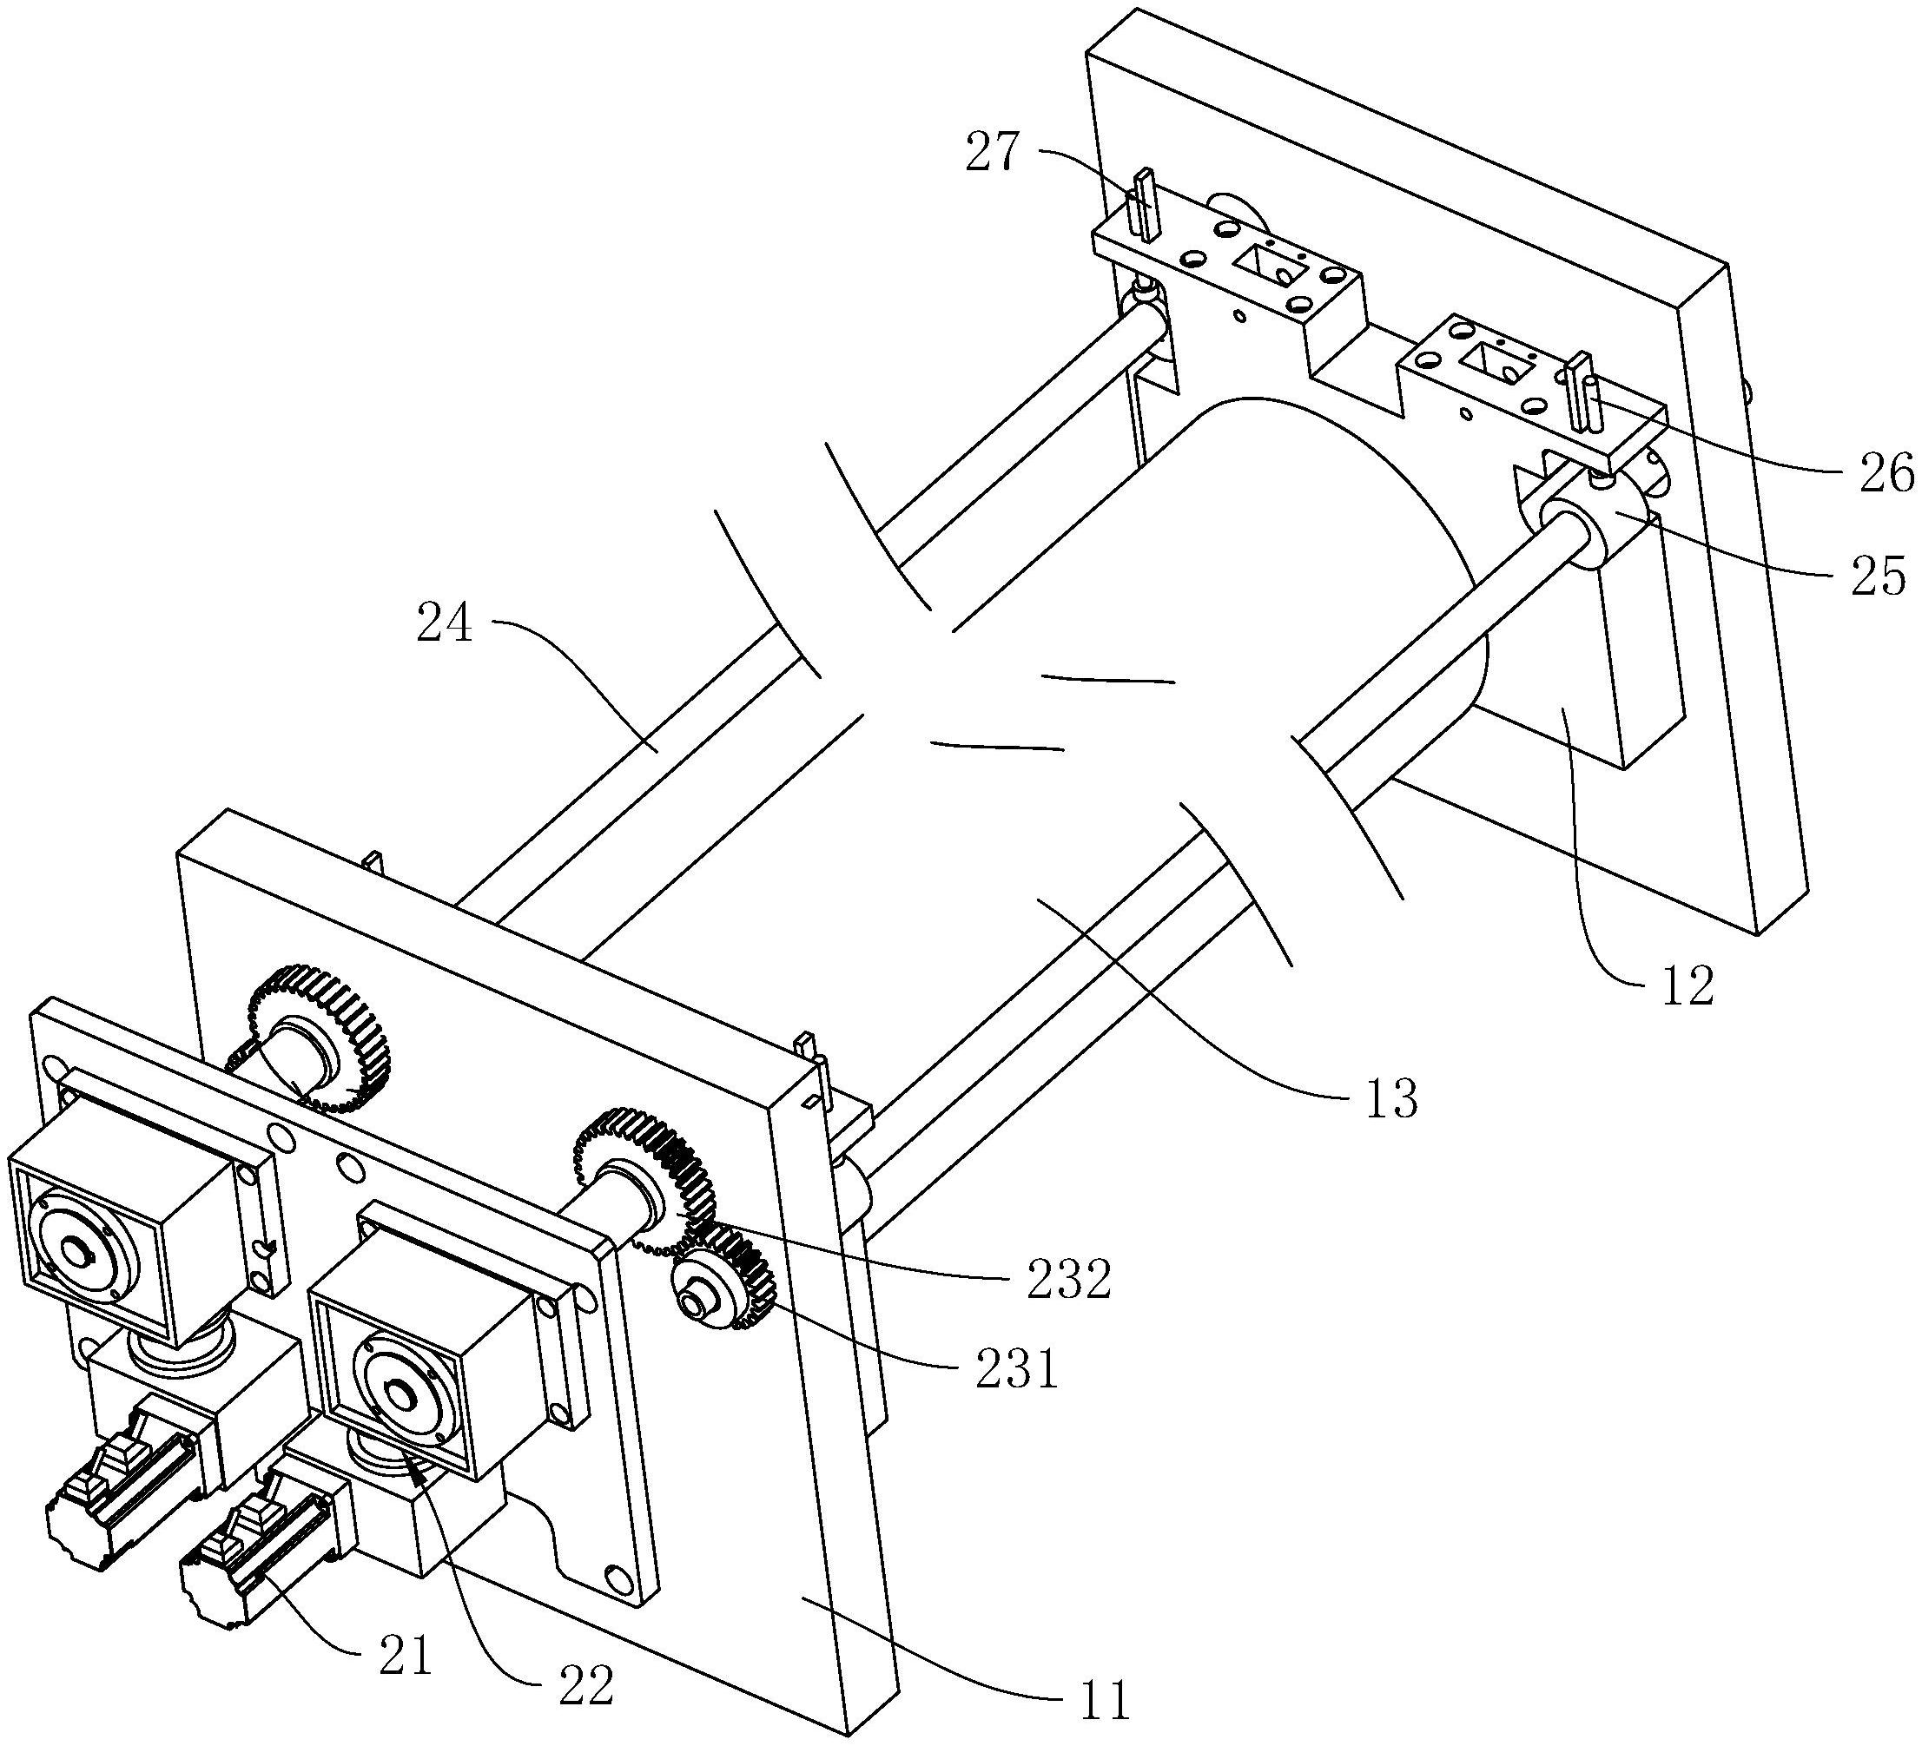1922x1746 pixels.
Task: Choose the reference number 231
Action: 1017,1371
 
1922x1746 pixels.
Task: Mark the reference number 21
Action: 406,1657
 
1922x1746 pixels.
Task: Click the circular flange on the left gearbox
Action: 76,1248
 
